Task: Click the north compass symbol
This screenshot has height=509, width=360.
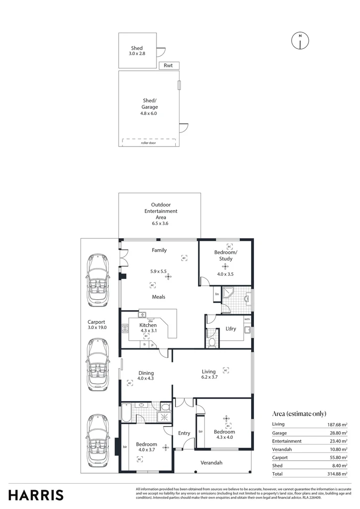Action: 300,41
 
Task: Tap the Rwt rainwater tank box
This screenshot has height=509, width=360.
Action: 169,66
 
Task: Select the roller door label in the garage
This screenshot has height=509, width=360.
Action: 148,143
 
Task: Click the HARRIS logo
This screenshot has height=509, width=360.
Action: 36,495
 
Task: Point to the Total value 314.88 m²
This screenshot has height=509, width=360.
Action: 337,474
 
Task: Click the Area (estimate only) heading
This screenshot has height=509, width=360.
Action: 299,413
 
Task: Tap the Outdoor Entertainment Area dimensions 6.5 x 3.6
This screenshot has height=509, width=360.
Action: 159,223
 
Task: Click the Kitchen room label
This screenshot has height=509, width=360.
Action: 148,325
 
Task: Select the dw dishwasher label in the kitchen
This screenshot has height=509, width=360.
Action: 150,321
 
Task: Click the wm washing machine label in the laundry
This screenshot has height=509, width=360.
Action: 247,319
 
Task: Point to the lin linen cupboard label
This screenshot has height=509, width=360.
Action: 217,294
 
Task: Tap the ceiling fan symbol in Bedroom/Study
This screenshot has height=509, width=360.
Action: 225,265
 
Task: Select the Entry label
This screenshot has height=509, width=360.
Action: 184,433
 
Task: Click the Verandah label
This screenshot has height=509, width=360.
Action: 211,463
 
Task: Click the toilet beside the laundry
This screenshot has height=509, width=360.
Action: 212,342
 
